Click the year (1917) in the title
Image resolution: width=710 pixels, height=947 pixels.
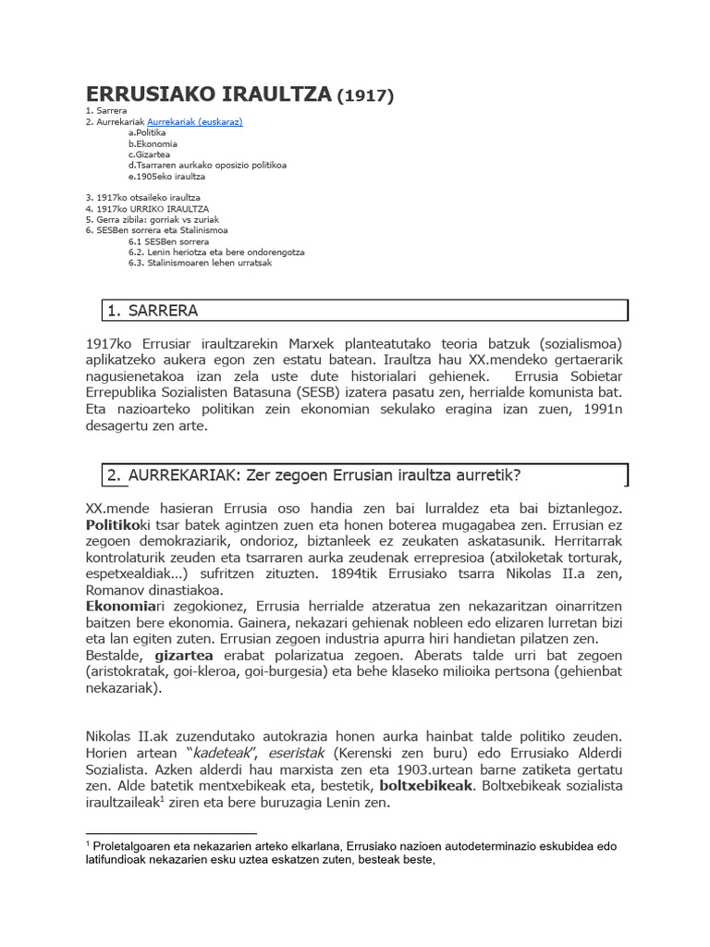tap(366, 95)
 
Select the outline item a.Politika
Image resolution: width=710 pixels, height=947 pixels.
tap(147, 133)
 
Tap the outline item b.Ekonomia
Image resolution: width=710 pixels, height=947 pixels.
tap(153, 144)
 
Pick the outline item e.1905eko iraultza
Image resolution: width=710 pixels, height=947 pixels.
tap(166, 176)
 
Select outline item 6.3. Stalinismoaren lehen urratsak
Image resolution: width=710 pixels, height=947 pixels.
tap(200, 263)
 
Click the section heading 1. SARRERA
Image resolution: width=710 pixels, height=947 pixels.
tap(153, 310)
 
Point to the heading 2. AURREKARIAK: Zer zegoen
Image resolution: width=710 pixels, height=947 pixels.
tap(314, 475)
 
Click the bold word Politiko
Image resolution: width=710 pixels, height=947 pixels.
tap(112, 524)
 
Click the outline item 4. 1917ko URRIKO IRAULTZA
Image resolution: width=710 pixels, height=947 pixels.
tap(147, 209)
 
